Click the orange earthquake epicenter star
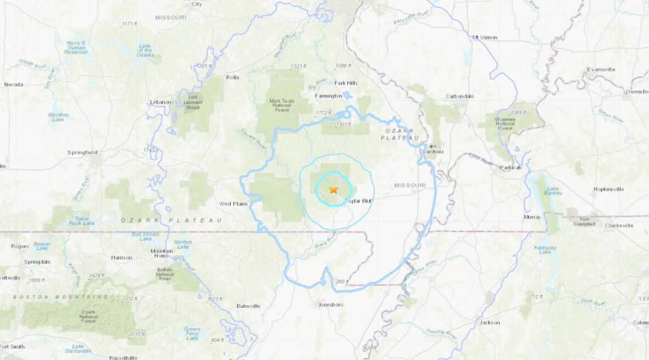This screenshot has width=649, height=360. tap(333, 189)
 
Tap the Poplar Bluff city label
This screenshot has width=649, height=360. tap(359, 201)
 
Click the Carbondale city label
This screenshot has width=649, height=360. tap(459, 96)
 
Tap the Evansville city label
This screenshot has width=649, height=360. tap(601, 70)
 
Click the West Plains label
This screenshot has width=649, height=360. tap(234, 204)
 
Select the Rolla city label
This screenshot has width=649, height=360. tap(232, 77)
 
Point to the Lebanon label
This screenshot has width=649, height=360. tap(161, 102)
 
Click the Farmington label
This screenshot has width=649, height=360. tap(328, 95)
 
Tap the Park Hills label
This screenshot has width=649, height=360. tap(346, 83)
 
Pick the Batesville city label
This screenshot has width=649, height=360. tap(248, 306)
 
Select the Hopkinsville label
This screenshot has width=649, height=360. tap(608, 189)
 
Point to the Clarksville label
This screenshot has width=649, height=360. tap(619, 225)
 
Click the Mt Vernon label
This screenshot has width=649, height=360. tap(485, 37)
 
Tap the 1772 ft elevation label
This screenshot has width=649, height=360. tap(323, 113)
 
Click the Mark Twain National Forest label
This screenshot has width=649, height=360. tap(282, 105)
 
